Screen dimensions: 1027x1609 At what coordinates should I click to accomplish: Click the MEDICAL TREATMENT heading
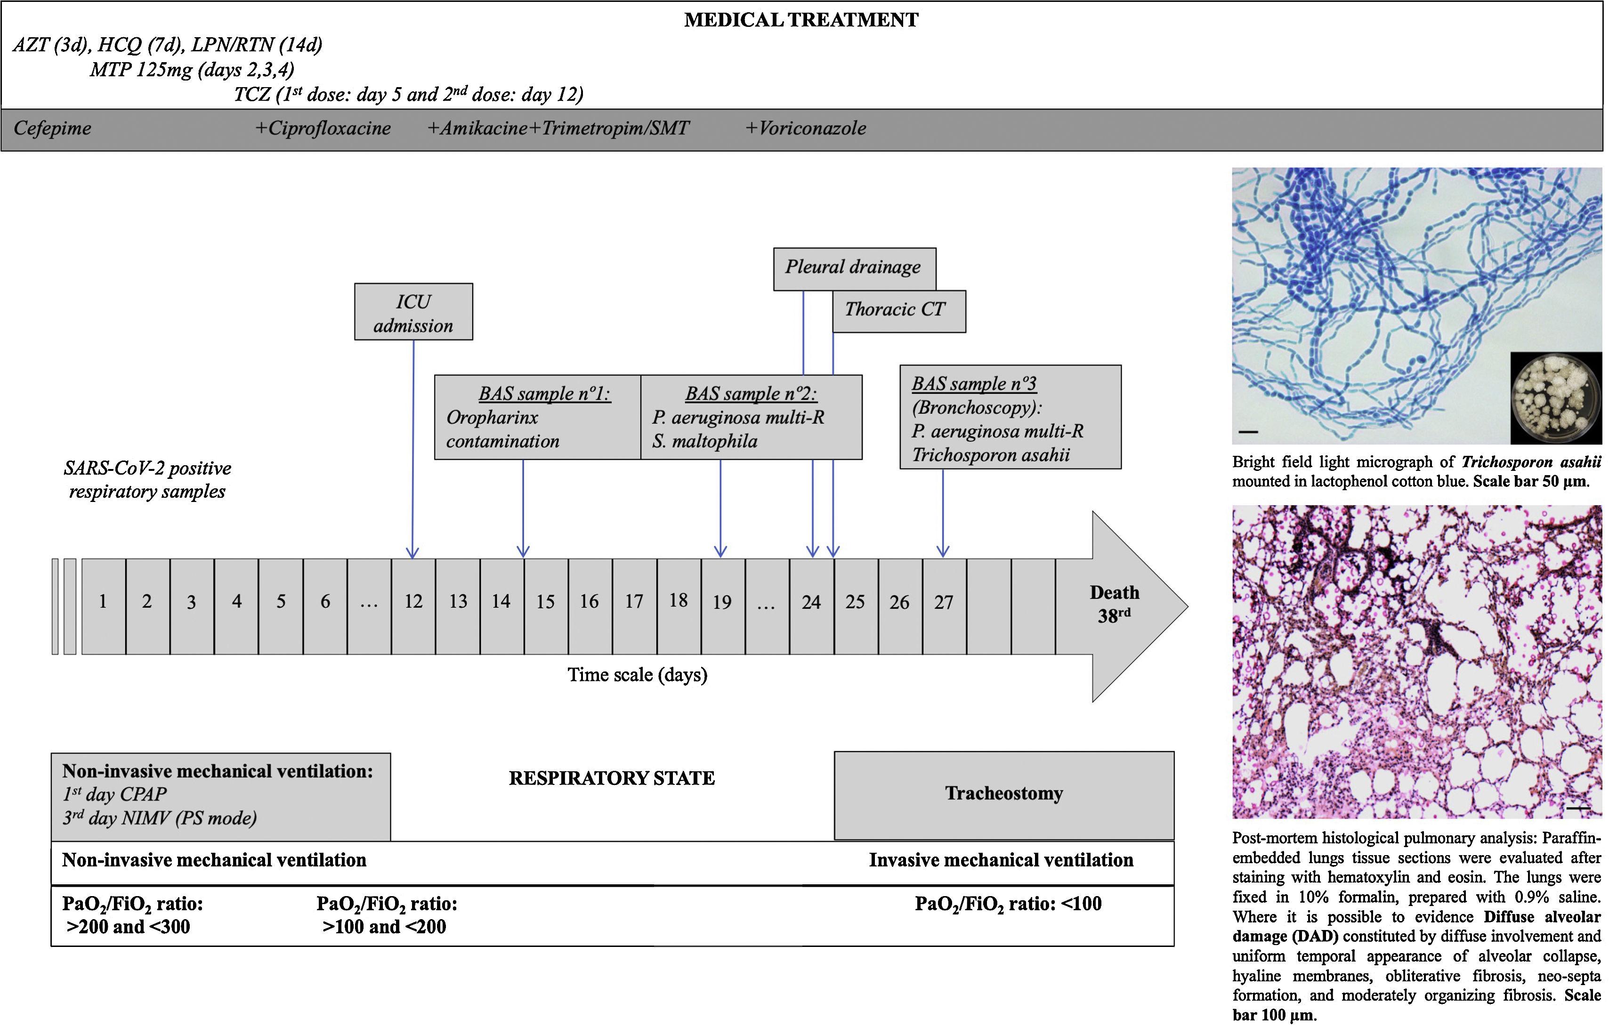[x=800, y=20]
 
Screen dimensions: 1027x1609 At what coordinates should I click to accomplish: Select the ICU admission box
[x=413, y=312]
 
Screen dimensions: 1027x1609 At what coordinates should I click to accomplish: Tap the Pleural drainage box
[x=854, y=268]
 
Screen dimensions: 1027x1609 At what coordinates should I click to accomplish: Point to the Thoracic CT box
[x=897, y=310]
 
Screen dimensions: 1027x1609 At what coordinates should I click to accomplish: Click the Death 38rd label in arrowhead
[x=1114, y=604]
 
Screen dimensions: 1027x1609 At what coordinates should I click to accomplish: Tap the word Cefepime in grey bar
[x=52, y=128]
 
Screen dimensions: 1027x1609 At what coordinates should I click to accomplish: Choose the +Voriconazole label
[x=806, y=128]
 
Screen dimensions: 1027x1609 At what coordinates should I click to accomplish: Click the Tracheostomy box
[x=1003, y=794]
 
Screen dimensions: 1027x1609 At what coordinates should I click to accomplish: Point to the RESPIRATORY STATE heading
[x=611, y=778]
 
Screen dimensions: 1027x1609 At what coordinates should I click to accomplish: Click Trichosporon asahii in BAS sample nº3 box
[x=990, y=456]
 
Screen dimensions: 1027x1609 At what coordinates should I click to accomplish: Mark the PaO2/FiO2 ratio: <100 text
[x=1008, y=904]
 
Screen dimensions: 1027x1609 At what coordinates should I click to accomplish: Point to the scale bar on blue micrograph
[x=1248, y=432]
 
